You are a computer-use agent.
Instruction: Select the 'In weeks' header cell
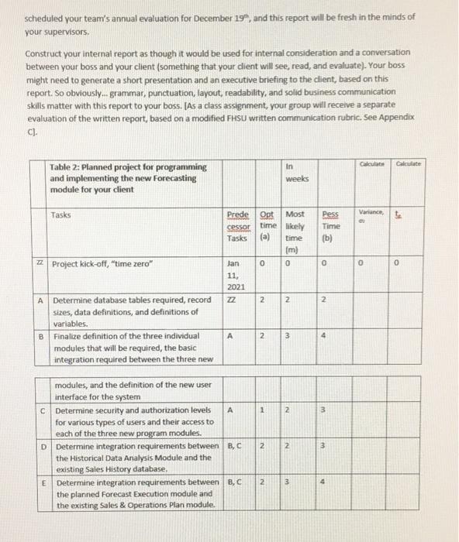[x=297, y=173]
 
